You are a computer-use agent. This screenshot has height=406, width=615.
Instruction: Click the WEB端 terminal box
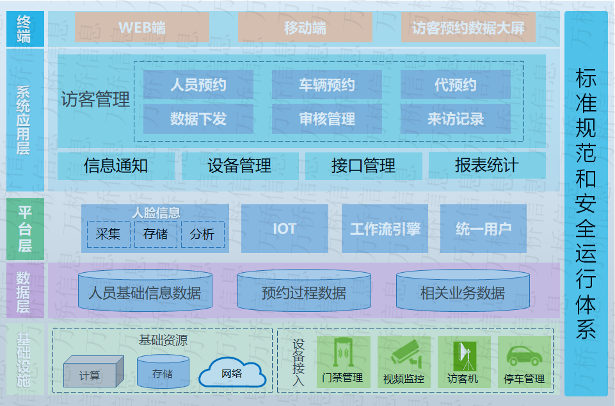pyautogui.click(x=142, y=28)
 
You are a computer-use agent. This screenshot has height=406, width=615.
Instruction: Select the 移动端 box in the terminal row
pyautogui.click(x=305, y=28)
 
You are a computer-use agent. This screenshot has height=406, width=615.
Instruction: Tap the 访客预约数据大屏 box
pyautogui.click(x=468, y=28)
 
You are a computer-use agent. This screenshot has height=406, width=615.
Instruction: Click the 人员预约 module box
pyautogui.click(x=198, y=85)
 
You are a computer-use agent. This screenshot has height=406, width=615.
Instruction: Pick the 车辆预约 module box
pyautogui.click(x=327, y=85)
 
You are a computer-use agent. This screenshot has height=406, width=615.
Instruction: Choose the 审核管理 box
pyautogui.click(x=327, y=119)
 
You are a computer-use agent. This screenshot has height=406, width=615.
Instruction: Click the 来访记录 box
pyautogui.click(x=456, y=119)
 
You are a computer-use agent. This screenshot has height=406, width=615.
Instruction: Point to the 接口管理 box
pyautogui.click(x=363, y=166)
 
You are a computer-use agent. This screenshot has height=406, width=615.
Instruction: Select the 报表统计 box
pyautogui.click(x=487, y=166)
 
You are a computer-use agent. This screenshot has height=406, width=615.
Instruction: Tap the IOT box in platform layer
pyautogui.click(x=285, y=229)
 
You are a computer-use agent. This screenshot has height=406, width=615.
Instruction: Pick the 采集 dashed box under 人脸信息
pyautogui.click(x=108, y=234)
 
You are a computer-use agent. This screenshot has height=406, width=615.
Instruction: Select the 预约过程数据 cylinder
pyautogui.click(x=304, y=292)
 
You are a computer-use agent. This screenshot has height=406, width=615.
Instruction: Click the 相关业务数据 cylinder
pyautogui.click(x=463, y=292)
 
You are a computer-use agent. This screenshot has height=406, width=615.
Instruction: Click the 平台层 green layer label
pyautogui.click(x=25, y=229)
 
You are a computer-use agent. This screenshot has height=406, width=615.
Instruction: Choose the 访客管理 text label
pyautogui.click(x=95, y=100)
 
